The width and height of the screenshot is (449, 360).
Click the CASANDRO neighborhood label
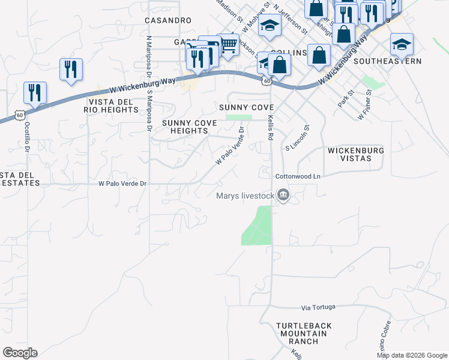click(168, 20)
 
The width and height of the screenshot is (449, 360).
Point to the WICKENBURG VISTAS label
click(355, 154)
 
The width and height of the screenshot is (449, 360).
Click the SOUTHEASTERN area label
click(387, 61)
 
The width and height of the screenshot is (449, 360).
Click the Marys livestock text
click(245, 195)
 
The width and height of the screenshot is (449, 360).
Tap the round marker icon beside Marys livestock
click(284, 194)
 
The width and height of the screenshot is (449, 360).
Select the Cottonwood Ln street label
click(298, 176)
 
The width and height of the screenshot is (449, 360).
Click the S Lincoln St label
click(298, 137)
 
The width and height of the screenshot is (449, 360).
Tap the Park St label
click(344, 99)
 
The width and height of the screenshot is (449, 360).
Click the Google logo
click(20, 353)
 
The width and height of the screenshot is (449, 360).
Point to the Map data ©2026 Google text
click(411, 355)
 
